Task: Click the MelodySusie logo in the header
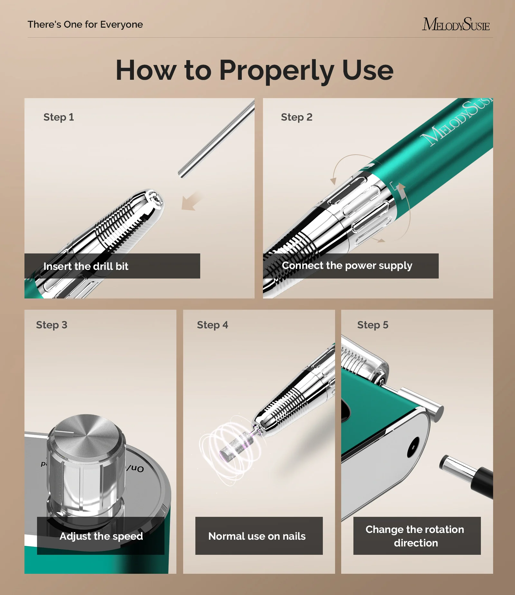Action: coord(456,24)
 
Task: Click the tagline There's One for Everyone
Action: coord(85,24)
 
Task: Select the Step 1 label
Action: coord(59,117)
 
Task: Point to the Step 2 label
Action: coord(296,117)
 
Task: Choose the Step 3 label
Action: coord(51,325)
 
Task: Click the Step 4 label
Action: coord(212,325)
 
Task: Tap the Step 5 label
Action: coord(373,325)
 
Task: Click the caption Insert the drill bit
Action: coord(86,266)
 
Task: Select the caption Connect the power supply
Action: coord(347,266)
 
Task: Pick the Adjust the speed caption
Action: coord(101,536)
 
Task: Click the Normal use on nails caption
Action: coord(257,536)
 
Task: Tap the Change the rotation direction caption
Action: coord(415,536)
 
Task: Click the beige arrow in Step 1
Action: coord(192,202)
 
